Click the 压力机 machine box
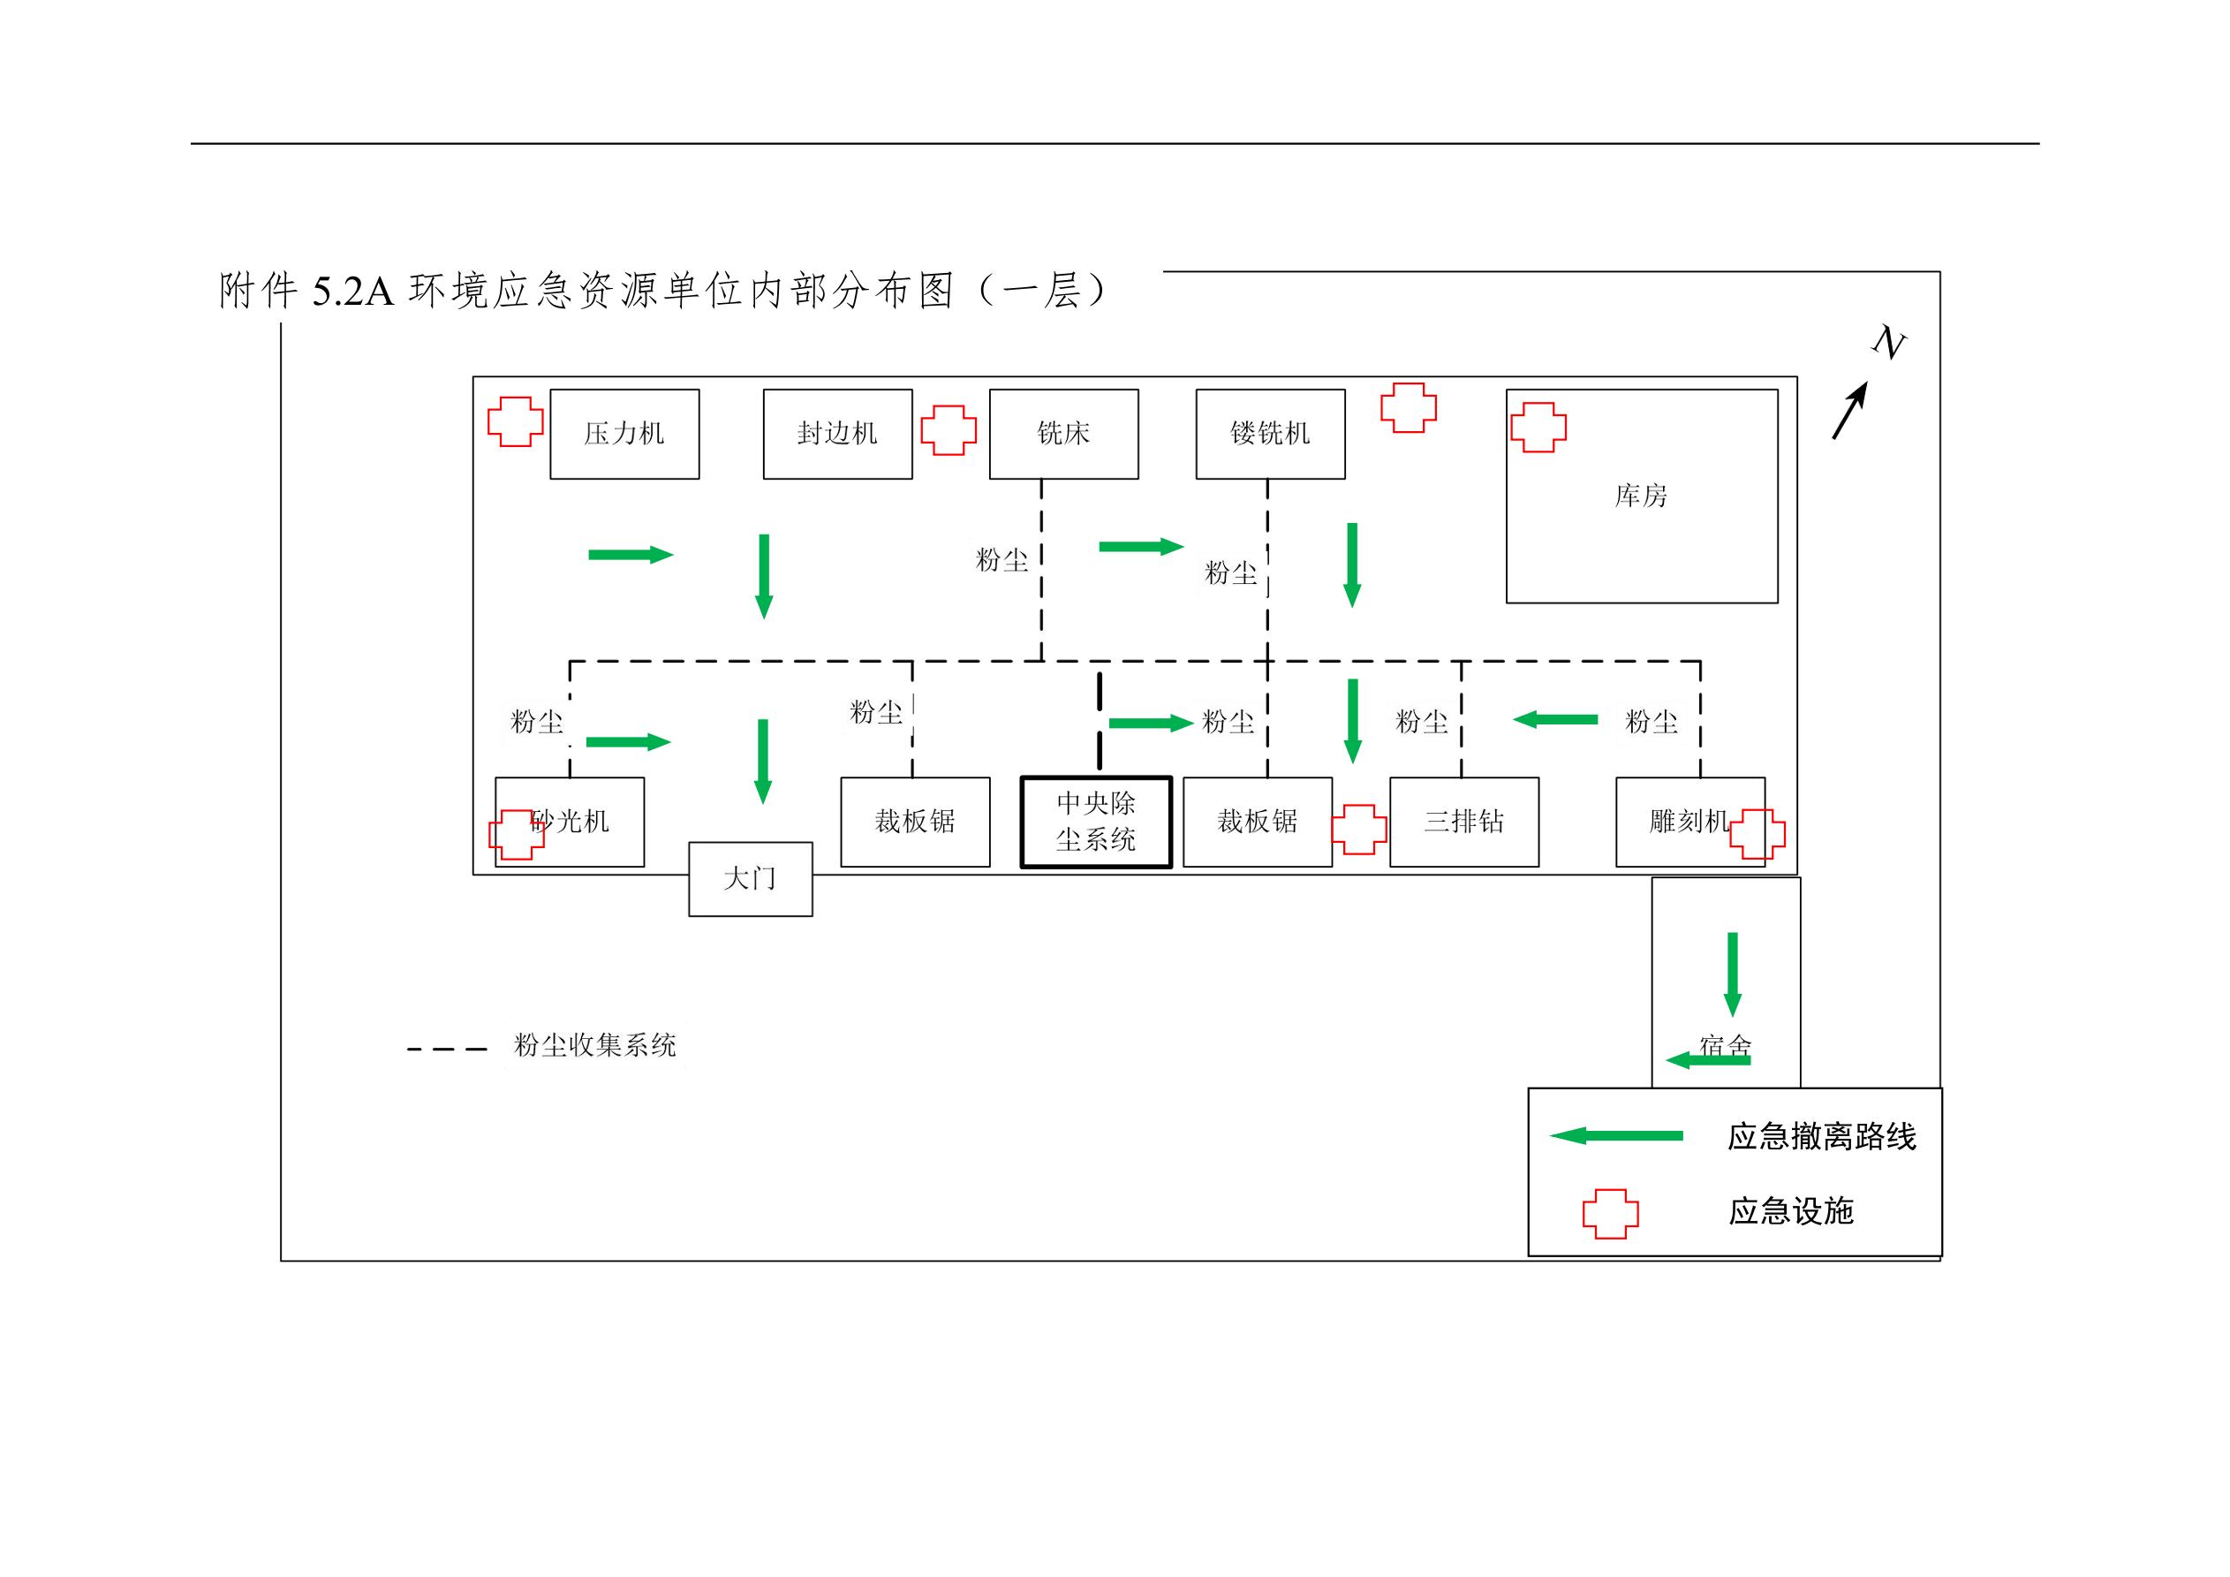click(624, 434)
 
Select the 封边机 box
click(837, 434)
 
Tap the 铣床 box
click(1063, 434)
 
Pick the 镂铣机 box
click(1270, 434)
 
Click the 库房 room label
click(1640, 497)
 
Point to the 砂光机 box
click(583, 822)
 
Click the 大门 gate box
click(751, 879)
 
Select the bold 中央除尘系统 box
click(1096, 822)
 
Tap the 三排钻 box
click(1463, 822)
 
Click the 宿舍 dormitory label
click(1726, 1045)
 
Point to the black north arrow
click(1850, 410)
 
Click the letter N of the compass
click(1889, 343)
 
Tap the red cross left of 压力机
click(516, 421)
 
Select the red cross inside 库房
click(1538, 428)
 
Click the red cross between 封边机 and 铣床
click(949, 430)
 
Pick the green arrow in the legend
click(1616, 1136)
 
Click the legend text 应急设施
click(1791, 1211)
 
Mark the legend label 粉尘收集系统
click(594, 1045)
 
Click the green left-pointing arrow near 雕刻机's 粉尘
click(1555, 720)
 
